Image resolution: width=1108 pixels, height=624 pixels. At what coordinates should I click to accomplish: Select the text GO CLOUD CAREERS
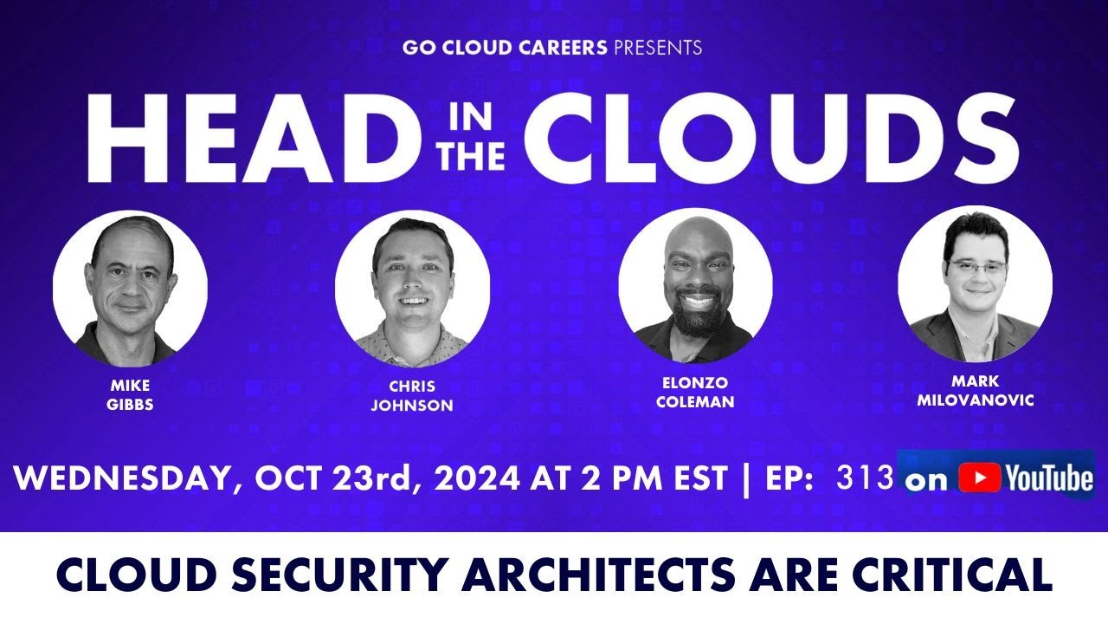505,48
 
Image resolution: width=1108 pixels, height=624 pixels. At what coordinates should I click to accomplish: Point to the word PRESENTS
657,48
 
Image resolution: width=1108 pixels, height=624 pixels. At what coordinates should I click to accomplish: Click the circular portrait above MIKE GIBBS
130,287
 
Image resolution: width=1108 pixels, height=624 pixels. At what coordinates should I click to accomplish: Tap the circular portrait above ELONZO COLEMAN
695,283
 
